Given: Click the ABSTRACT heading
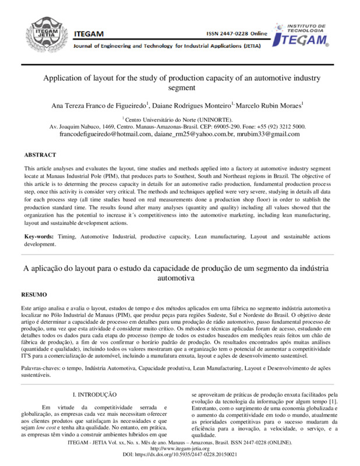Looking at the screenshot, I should coord(40,155).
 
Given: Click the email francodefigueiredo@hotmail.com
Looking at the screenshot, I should coord(105,134).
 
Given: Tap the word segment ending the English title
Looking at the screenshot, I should coord(179,88).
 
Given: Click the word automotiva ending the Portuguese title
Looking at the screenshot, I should coord(179,279).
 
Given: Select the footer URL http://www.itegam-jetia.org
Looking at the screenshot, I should coord(179,449).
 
